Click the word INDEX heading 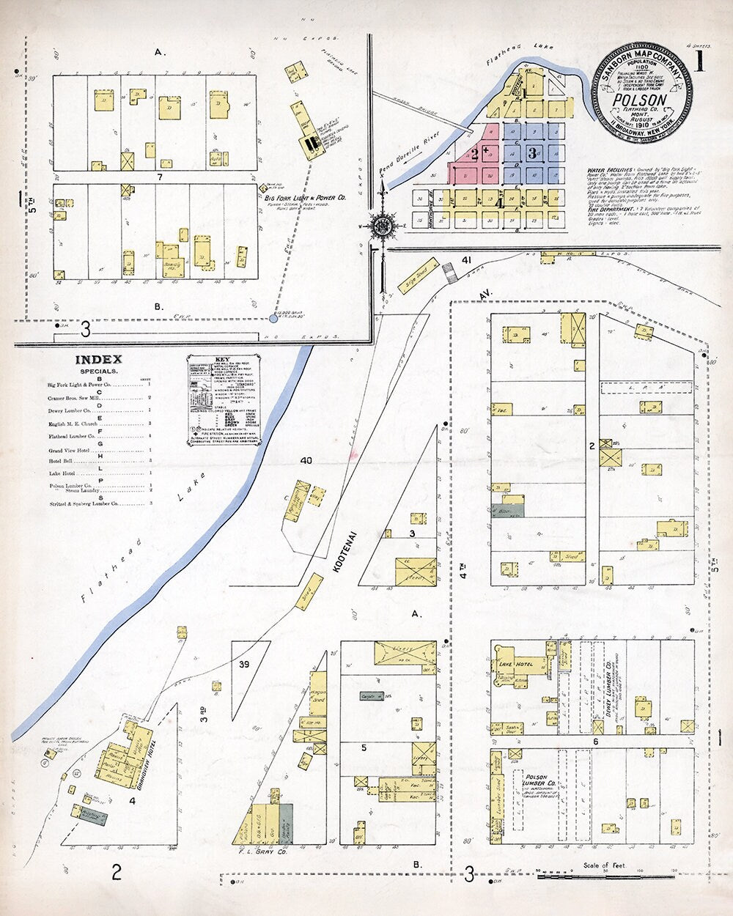(98, 360)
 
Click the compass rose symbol (381, 226)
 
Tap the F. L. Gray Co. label (262, 852)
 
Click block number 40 (306, 460)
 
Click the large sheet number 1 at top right (699, 62)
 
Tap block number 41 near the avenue (466, 260)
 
